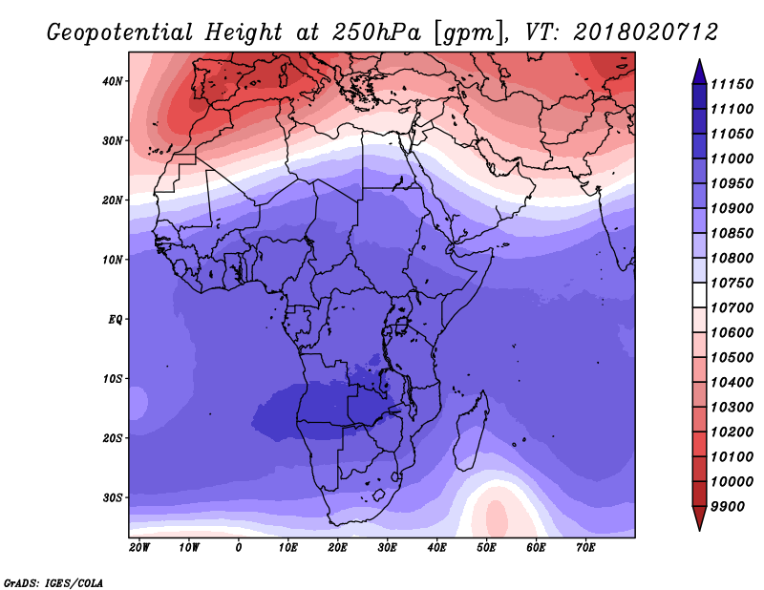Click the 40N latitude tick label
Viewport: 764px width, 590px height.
point(113,81)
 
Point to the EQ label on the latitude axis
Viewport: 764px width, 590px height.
point(115,319)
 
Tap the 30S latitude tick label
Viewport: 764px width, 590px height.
point(113,497)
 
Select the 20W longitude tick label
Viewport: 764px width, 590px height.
point(138,548)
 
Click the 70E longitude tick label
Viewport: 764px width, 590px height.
point(585,548)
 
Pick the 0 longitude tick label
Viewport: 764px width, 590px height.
point(239,548)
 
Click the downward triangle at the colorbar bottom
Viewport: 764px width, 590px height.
point(699,517)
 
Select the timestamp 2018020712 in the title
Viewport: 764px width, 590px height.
point(646,33)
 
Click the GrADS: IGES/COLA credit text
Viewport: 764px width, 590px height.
point(53,581)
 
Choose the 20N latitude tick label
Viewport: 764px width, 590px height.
point(113,200)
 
